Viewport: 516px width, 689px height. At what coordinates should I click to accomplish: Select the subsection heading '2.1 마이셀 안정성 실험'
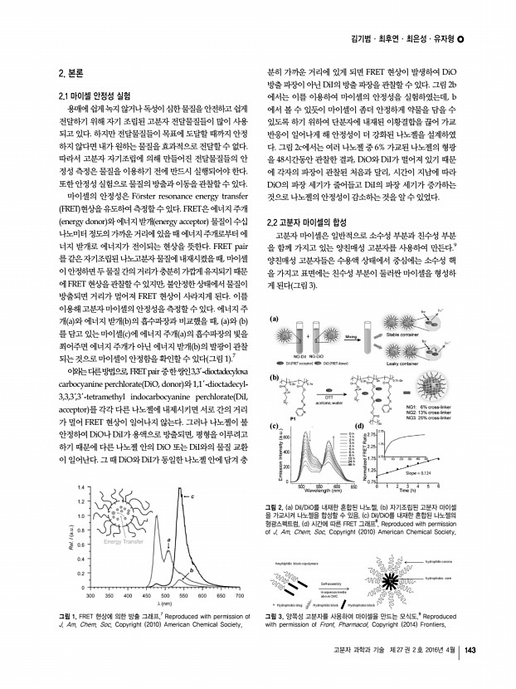click(94, 95)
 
